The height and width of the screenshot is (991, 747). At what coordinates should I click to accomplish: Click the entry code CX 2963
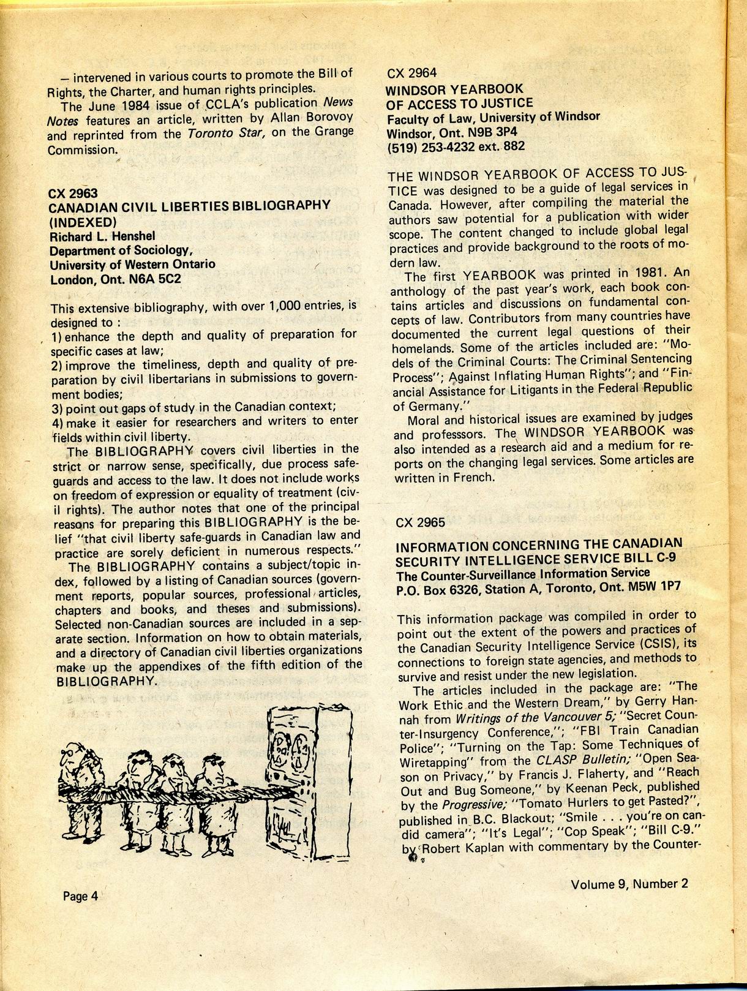73,193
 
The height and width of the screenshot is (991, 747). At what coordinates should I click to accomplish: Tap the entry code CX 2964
412,73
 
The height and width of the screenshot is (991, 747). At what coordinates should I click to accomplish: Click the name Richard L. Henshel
102,236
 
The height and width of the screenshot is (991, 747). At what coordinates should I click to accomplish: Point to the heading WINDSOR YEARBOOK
454,89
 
